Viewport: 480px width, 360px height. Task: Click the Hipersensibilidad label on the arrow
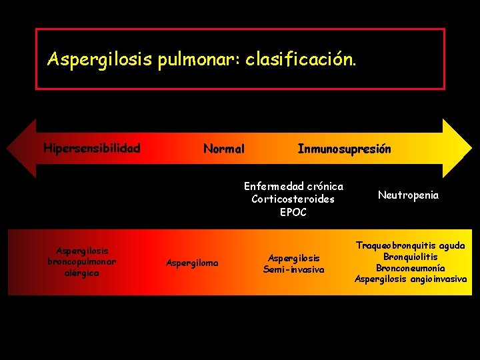[x=92, y=148]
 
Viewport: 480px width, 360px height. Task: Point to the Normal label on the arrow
[x=224, y=149]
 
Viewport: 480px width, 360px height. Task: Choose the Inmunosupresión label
[x=344, y=149]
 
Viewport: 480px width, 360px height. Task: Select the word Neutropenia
[x=408, y=195]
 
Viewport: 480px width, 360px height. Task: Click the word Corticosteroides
[x=293, y=199]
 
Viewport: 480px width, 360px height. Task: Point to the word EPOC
[x=293, y=212]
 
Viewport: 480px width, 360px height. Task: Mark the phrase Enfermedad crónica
[x=293, y=186]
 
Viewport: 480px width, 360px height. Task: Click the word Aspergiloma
[x=192, y=263]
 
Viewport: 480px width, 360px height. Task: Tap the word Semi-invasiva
[x=294, y=269]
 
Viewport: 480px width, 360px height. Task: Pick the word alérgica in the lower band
[x=82, y=273]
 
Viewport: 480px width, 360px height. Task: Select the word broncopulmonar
[x=82, y=262]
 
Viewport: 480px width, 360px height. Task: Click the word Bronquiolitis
[x=411, y=257]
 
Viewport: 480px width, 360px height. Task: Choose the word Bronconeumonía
[x=411, y=267]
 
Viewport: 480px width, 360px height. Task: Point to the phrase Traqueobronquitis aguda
[x=411, y=245]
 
